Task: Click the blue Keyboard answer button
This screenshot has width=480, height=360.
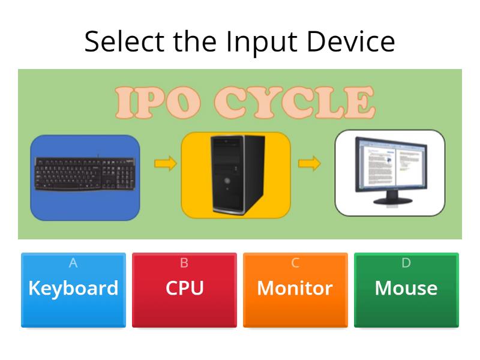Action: pos(73,290)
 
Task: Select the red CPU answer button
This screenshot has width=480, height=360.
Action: pos(184,290)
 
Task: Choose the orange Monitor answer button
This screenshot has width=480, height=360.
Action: pos(295,290)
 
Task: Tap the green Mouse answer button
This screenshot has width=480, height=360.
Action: pos(406,290)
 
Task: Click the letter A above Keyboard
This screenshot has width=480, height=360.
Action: pos(73,263)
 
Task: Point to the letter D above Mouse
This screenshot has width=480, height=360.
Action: pos(406,263)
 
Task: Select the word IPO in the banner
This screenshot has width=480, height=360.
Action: pos(154,103)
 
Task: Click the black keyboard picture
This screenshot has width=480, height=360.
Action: pos(85,174)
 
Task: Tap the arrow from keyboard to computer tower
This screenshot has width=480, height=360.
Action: pos(165,163)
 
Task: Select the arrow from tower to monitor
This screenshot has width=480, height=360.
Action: pos(309,163)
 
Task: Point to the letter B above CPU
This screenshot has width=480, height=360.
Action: pos(184,263)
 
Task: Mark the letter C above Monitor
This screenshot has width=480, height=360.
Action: pos(295,263)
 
